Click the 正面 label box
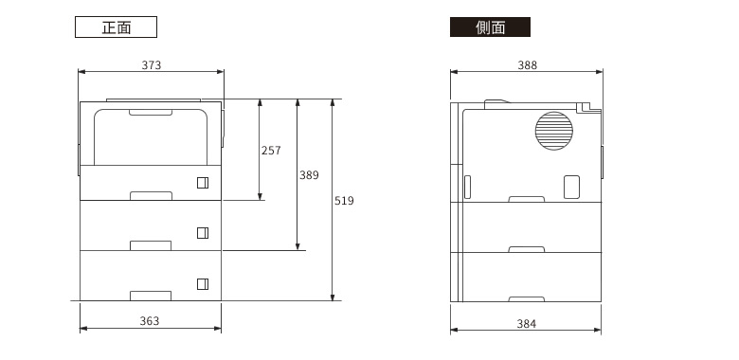coord(116,27)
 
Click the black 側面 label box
coord(490,27)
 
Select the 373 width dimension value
coord(152,65)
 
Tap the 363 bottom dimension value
coord(150,321)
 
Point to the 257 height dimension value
coord(271,151)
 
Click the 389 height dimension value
coord(309,175)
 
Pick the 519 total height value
coord(344,201)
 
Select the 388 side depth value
coord(527,65)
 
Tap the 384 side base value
coord(527,324)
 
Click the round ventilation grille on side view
coord(554,132)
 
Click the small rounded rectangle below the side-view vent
coord(571,187)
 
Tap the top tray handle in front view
coord(152,195)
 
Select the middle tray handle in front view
coord(152,245)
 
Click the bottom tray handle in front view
coord(152,296)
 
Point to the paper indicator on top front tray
coord(202,183)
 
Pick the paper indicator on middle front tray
coord(202,233)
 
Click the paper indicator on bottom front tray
coord(202,283)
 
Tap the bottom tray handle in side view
coord(527,297)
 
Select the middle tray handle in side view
coord(527,248)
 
